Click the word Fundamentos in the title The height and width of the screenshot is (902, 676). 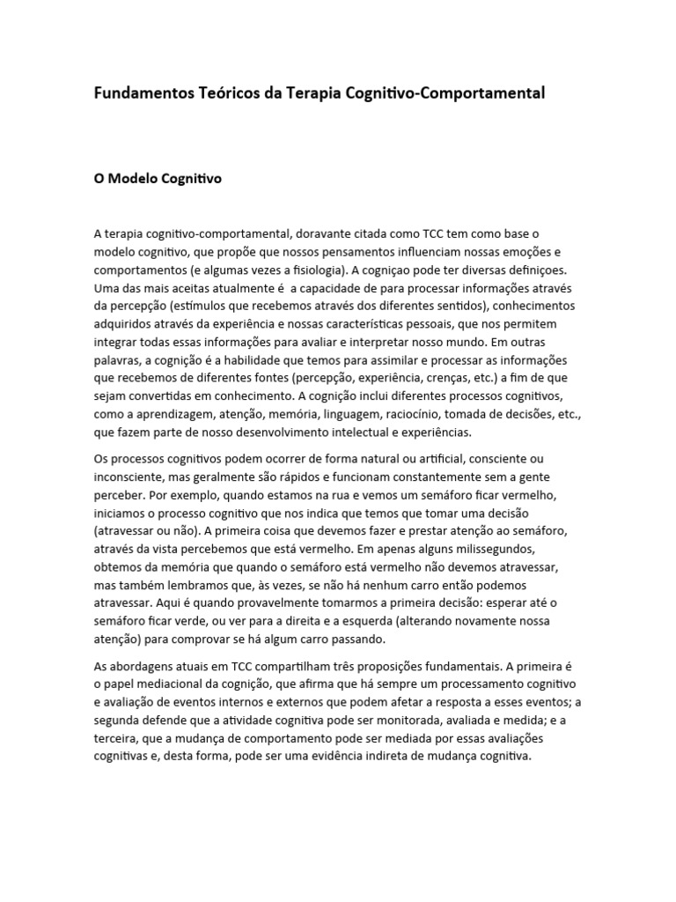point(140,92)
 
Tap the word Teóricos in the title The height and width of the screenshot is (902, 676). point(222,92)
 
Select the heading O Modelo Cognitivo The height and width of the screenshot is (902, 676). point(158,179)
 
